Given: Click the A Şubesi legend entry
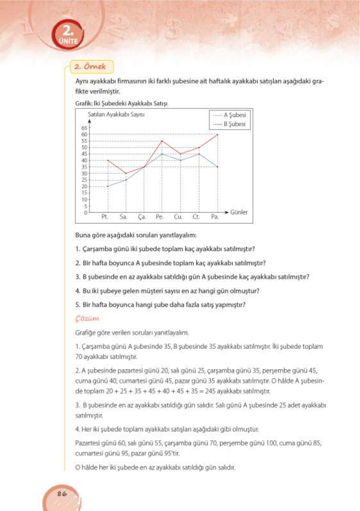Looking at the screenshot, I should click(x=234, y=115).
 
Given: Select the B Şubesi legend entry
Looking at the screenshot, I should click(x=234, y=124).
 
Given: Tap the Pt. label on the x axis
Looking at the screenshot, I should click(x=105, y=217).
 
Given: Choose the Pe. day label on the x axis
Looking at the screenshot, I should click(x=160, y=217).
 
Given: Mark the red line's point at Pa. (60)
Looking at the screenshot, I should click(x=218, y=135).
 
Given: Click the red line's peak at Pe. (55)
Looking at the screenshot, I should click(x=162, y=141).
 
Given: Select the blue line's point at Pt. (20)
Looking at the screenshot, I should click(x=108, y=186).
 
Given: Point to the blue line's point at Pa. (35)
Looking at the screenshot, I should click(x=218, y=167).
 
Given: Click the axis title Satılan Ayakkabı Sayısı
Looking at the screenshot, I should click(x=116, y=114).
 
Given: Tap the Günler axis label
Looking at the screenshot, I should click(x=239, y=212).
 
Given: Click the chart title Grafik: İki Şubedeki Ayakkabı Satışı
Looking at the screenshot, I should click(x=121, y=104).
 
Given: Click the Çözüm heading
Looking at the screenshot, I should click(x=87, y=319).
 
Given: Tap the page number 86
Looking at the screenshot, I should click(x=62, y=494).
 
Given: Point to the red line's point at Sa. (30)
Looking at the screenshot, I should click(x=126, y=173).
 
